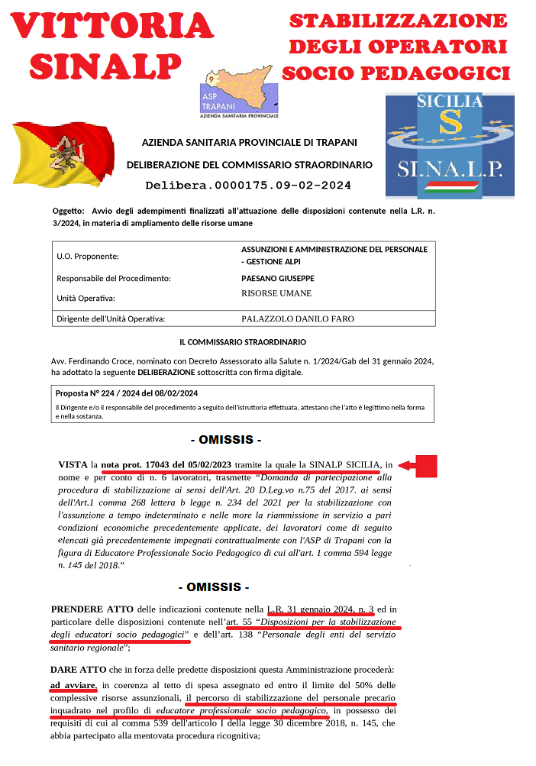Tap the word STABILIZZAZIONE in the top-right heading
click(398, 21)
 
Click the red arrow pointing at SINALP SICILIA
click(418, 465)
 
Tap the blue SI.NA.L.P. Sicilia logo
click(445, 146)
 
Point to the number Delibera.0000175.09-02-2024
click(248, 185)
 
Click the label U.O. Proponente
click(88, 257)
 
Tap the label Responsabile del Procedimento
click(113, 279)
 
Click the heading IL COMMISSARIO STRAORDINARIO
click(242, 342)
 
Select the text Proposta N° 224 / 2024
click(98, 393)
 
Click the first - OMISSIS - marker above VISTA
click(225, 441)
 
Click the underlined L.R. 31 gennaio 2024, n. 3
click(321, 609)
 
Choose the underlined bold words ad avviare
click(73, 685)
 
